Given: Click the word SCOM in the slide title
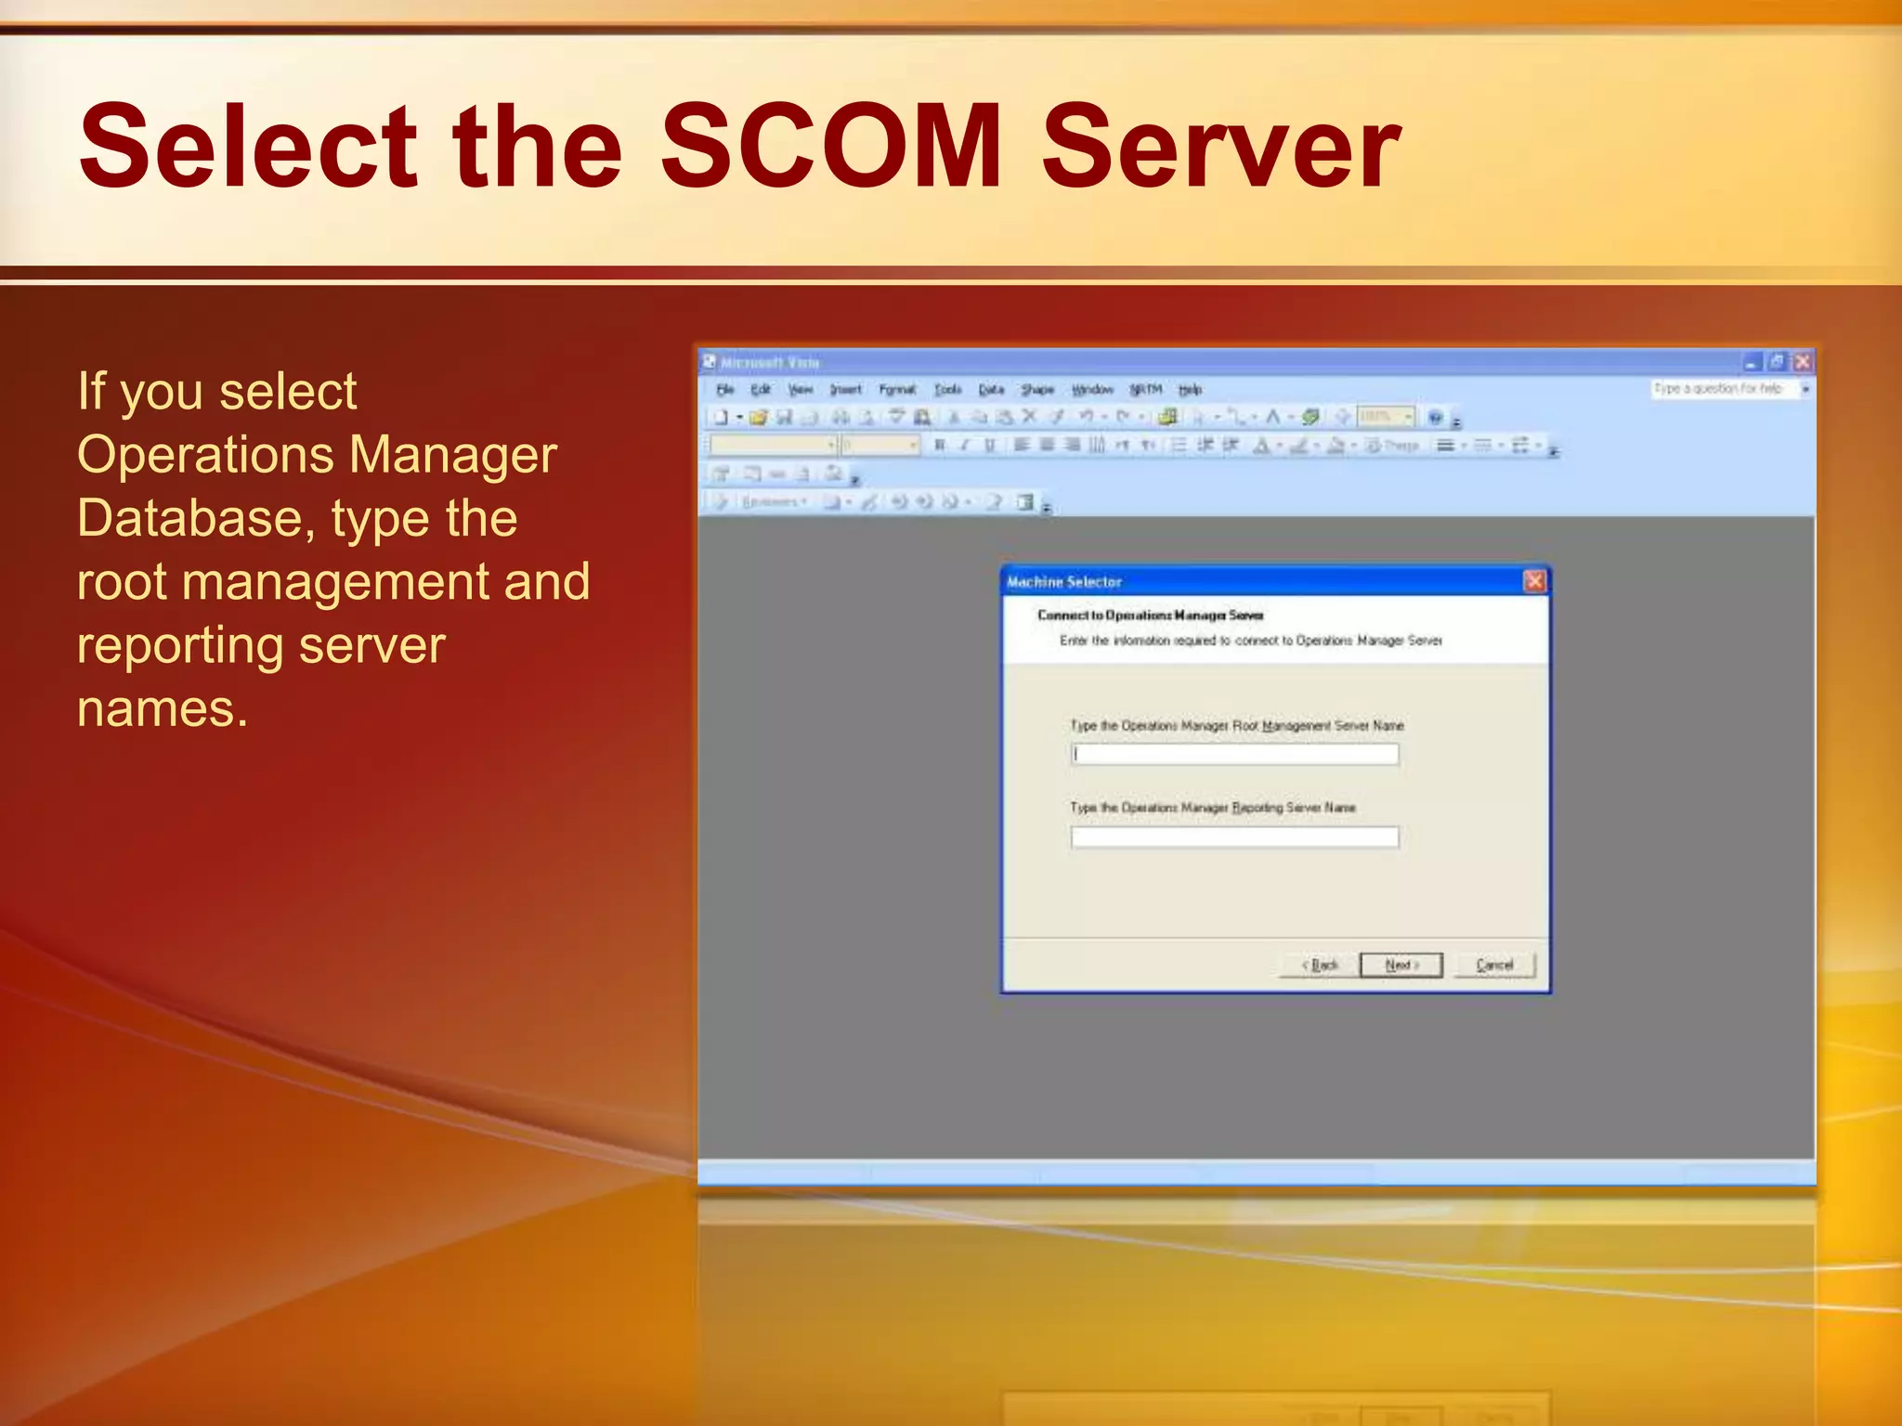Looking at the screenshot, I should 831,146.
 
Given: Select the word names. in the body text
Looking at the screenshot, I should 163,708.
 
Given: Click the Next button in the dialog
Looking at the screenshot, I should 1400,966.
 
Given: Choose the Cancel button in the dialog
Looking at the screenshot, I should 1494,966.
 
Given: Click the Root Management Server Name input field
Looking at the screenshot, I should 1234,755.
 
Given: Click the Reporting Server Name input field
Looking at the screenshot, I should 1234,837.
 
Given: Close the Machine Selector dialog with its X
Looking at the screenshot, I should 1534,581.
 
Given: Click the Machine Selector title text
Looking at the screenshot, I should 1064,582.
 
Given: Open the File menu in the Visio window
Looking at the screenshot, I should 725,390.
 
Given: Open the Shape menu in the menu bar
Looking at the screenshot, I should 1037,390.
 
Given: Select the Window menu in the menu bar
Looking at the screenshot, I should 1092,390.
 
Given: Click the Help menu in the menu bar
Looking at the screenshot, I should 1190,390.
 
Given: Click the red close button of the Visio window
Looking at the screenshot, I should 1802,362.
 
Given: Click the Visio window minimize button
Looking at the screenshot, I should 1752,362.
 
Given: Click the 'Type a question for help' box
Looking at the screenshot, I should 1724,389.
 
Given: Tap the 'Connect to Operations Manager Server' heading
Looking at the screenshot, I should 1150,616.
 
